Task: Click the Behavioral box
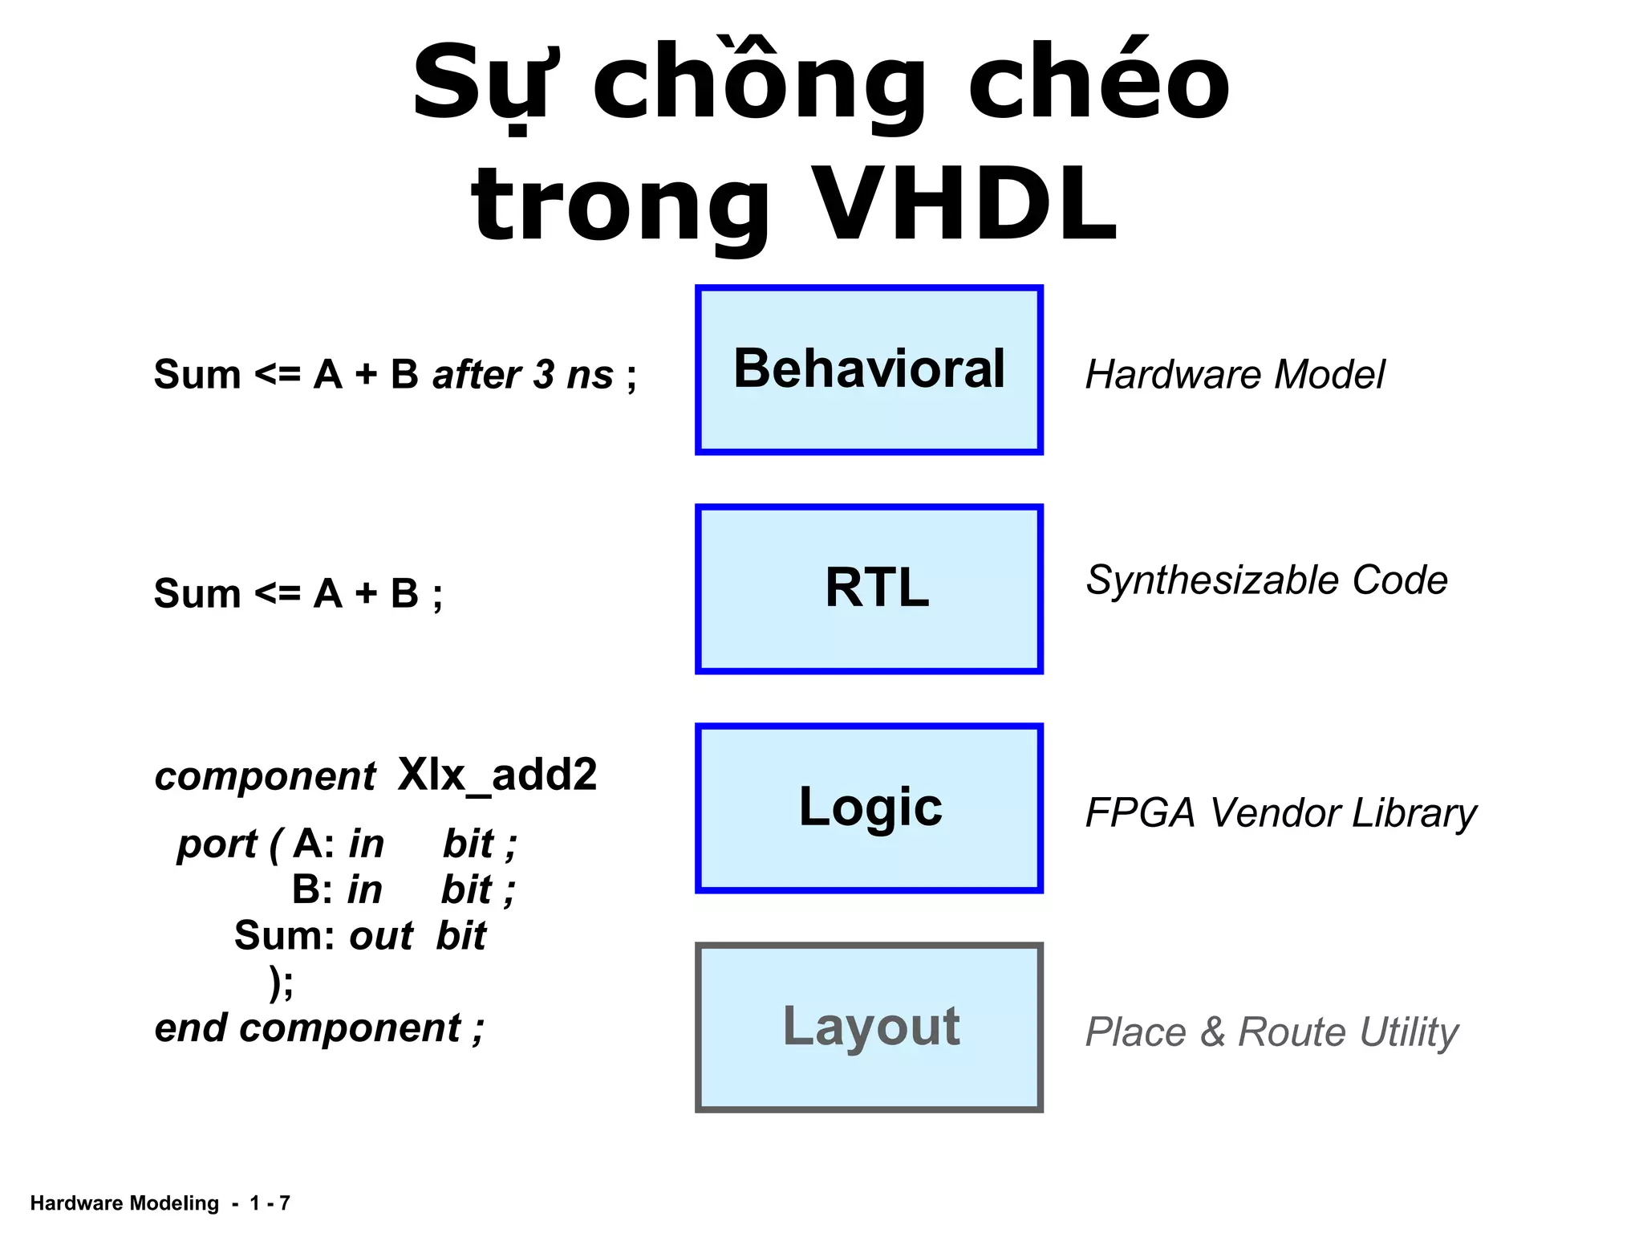(869, 370)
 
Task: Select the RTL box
(869, 589)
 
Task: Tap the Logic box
(869, 808)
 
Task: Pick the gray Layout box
(869, 1027)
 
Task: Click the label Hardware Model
(1235, 375)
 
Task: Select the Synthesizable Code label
(1266, 580)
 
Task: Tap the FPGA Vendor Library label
(1280, 813)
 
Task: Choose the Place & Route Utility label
(1272, 1032)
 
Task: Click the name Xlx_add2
(497, 775)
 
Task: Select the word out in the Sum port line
(381, 936)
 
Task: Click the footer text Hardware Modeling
(124, 1203)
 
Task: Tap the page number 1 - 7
(270, 1203)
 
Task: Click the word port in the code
(217, 844)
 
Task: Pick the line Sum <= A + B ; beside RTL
(298, 594)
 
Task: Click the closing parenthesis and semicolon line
(282, 983)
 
